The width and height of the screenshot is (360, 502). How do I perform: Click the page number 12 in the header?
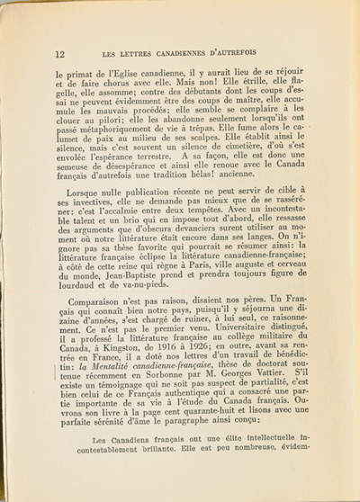[59, 54]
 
